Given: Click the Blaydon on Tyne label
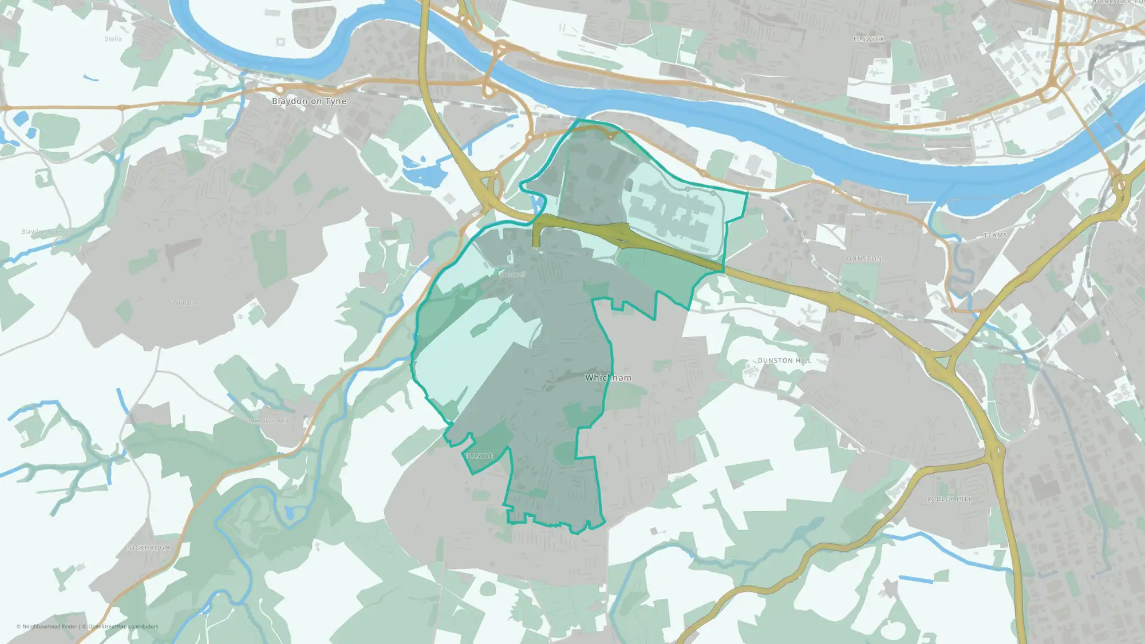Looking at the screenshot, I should pyautogui.click(x=309, y=101).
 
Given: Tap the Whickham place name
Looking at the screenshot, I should pyautogui.click(x=608, y=378).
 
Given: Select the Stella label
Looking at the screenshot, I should pyautogui.click(x=113, y=39).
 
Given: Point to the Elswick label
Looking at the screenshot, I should pyautogui.click(x=868, y=39).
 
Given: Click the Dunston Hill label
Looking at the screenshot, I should pyautogui.click(x=784, y=361).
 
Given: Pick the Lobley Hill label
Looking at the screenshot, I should pyautogui.click(x=949, y=499).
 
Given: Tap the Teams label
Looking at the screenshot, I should pyautogui.click(x=995, y=235).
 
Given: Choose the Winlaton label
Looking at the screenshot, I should pyautogui.click(x=186, y=303).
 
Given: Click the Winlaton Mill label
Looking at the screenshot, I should pyautogui.click(x=269, y=421).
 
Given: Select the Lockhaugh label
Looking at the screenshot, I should pyautogui.click(x=148, y=548).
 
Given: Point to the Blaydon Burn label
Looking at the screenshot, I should pyautogui.click(x=42, y=232).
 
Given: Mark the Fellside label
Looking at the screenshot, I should pyautogui.click(x=477, y=456).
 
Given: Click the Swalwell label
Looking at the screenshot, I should pyautogui.click(x=512, y=275).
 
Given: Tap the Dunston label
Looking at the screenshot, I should pyautogui.click(x=864, y=259).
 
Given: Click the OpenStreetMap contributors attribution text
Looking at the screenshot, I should pyautogui.click(x=123, y=626).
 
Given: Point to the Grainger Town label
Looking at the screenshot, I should pyautogui.click(x=1119, y=2).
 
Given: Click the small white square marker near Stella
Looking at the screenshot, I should pyautogui.click(x=280, y=42).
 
